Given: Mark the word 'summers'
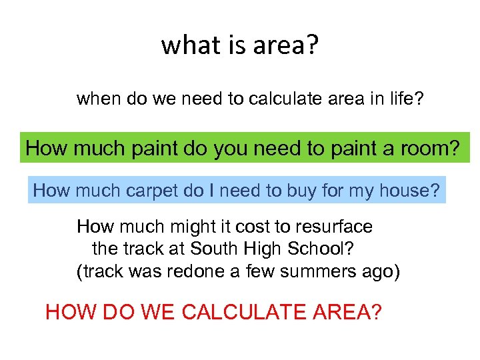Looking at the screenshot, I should point(316,272).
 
